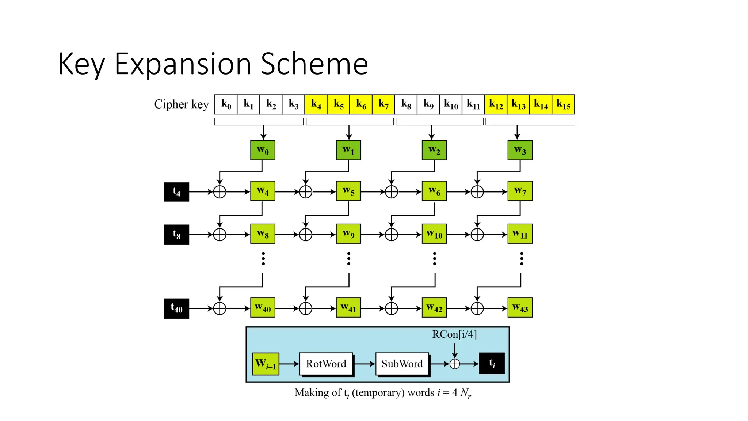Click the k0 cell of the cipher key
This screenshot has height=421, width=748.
[x=226, y=105]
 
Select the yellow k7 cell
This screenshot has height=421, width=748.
[x=383, y=105]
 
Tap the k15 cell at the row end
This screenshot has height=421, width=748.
[x=563, y=105]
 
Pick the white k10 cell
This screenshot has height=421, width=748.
[x=451, y=105]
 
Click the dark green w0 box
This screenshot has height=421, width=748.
[x=263, y=150]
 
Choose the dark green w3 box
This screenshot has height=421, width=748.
[x=520, y=150]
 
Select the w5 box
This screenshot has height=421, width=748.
[x=348, y=191]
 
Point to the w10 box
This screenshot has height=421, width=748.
[x=434, y=234]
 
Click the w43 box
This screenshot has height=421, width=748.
[x=520, y=308]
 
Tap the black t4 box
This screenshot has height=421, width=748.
[x=176, y=192]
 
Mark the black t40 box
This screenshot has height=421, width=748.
[x=176, y=308]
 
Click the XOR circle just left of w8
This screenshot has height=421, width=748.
[x=220, y=235]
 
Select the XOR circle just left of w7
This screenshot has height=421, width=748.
[x=477, y=191]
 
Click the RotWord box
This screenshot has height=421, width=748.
[x=326, y=364]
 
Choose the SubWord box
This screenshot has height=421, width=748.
[x=402, y=364]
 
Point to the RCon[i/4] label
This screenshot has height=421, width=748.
[x=454, y=334]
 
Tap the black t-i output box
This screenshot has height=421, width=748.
[x=492, y=363]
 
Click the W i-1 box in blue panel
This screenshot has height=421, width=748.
[x=266, y=364]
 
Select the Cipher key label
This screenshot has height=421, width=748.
[x=181, y=105]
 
